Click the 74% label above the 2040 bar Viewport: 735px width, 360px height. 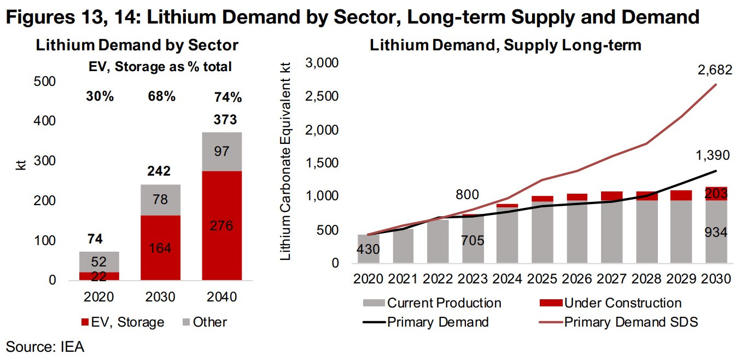pyautogui.click(x=228, y=98)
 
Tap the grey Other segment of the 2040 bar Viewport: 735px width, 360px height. pyautogui.click(x=223, y=152)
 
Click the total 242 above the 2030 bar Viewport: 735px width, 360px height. pyautogui.click(x=159, y=171)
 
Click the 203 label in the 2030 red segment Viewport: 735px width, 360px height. pyautogui.click(x=716, y=193)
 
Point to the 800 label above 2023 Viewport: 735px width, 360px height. pyautogui.click(x=467, y=195)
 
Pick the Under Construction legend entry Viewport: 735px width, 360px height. pyautogui.click(x=623, y=303)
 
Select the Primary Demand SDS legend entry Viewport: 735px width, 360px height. pyautogui.click(x=631, y=322)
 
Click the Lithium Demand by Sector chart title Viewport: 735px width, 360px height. pyautogui.click(x=137, y=45)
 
